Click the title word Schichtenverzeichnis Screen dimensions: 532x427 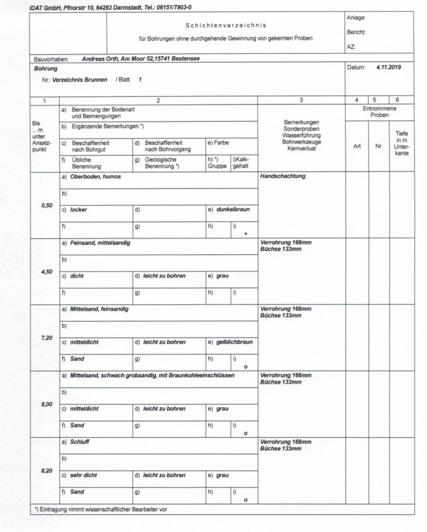[226, 25]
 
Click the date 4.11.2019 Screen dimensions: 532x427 [389, 67]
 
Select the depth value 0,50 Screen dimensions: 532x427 [47, 205]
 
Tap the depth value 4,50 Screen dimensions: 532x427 [47, 272]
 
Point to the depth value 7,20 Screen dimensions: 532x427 [47, 338]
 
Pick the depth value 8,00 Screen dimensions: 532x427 [47, 404]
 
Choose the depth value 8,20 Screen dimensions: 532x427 [47, 470]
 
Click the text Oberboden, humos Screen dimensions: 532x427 [95, 177]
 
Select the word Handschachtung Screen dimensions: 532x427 [283, 176]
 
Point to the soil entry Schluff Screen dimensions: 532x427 [80, 442]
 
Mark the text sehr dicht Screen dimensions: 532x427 [84, 475]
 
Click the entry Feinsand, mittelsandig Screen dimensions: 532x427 [100, 243]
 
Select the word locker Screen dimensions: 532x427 [78, 209]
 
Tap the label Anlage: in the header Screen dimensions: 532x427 [356, 18]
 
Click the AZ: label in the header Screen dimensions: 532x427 [351, 47]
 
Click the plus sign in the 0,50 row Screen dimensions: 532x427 [246, 234]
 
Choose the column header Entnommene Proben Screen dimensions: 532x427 [380, 112]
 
